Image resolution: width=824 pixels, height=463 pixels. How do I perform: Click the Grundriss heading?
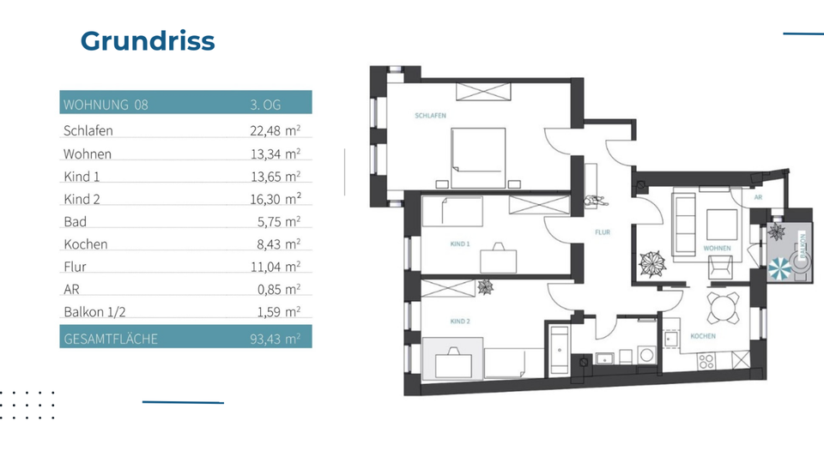tap(147, 40)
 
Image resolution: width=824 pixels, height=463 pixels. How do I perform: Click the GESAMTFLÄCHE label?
tap(111, 339)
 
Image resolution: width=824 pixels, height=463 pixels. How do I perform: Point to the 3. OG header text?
tap(265, 105)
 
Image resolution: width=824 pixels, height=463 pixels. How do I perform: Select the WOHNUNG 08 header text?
tap(106, 105)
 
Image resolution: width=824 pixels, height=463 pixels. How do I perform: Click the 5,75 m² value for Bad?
tap(276, 221)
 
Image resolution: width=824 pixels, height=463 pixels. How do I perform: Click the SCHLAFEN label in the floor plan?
tap(430, 116)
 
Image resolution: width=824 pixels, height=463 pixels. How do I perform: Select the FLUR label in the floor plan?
tap(603, 232)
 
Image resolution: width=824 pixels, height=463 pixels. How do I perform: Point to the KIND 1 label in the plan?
tap(460, 244)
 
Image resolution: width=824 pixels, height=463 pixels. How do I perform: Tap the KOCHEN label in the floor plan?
tap(703, 336)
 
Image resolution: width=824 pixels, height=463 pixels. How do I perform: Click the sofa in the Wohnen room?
tap(683, 225)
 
